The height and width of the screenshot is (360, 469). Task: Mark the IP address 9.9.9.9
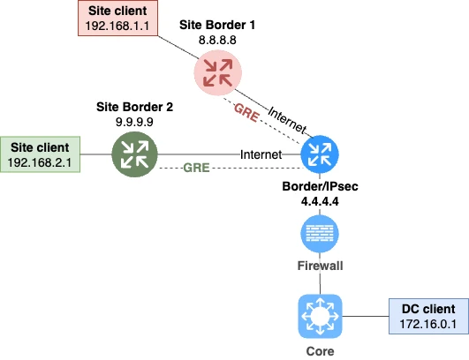tap(134, 121)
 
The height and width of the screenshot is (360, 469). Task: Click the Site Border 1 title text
tap(216, 25)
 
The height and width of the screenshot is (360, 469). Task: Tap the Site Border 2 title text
tap(134, 106)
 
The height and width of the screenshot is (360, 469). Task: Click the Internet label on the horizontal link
tap(261, 154)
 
